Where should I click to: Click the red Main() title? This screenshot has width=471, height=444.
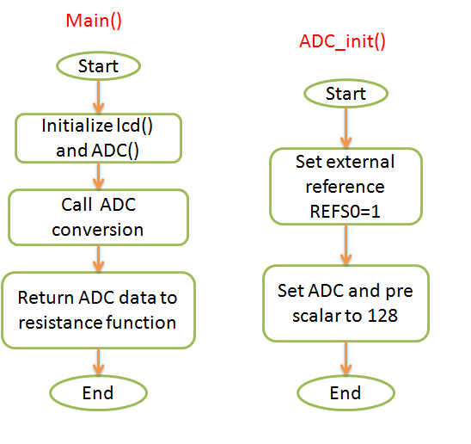coord(94,21)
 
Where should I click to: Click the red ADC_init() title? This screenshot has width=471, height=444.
coord(342,41)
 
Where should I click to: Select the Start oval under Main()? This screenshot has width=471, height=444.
coord(99,66)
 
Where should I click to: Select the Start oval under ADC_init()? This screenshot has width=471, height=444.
coord(346,94)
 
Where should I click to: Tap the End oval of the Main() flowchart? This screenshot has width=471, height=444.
coord(99,393)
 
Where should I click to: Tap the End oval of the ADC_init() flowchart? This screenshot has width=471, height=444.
coord(346,393)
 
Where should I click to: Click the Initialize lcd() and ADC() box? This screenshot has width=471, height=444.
coord(99,138)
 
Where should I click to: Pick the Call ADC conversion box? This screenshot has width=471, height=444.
coord(99,217)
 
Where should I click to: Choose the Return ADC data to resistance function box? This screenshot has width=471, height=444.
coord(99,310)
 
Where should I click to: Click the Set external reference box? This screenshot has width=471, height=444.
coord(346,186)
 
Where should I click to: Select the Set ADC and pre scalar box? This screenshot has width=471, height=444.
coord(346,303)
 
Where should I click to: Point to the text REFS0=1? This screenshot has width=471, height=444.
coord(346,212)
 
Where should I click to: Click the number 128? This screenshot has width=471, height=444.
coord(382,316)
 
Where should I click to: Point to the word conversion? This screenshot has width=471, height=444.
coord(98,230)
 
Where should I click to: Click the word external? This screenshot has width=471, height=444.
coord(360,162)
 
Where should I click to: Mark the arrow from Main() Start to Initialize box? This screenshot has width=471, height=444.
coord(99,97)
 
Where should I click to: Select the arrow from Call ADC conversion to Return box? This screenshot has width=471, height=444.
coord(99,259)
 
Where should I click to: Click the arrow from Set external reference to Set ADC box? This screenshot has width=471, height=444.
coord(346,245)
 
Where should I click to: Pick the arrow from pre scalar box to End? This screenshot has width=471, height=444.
coord(346,359)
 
